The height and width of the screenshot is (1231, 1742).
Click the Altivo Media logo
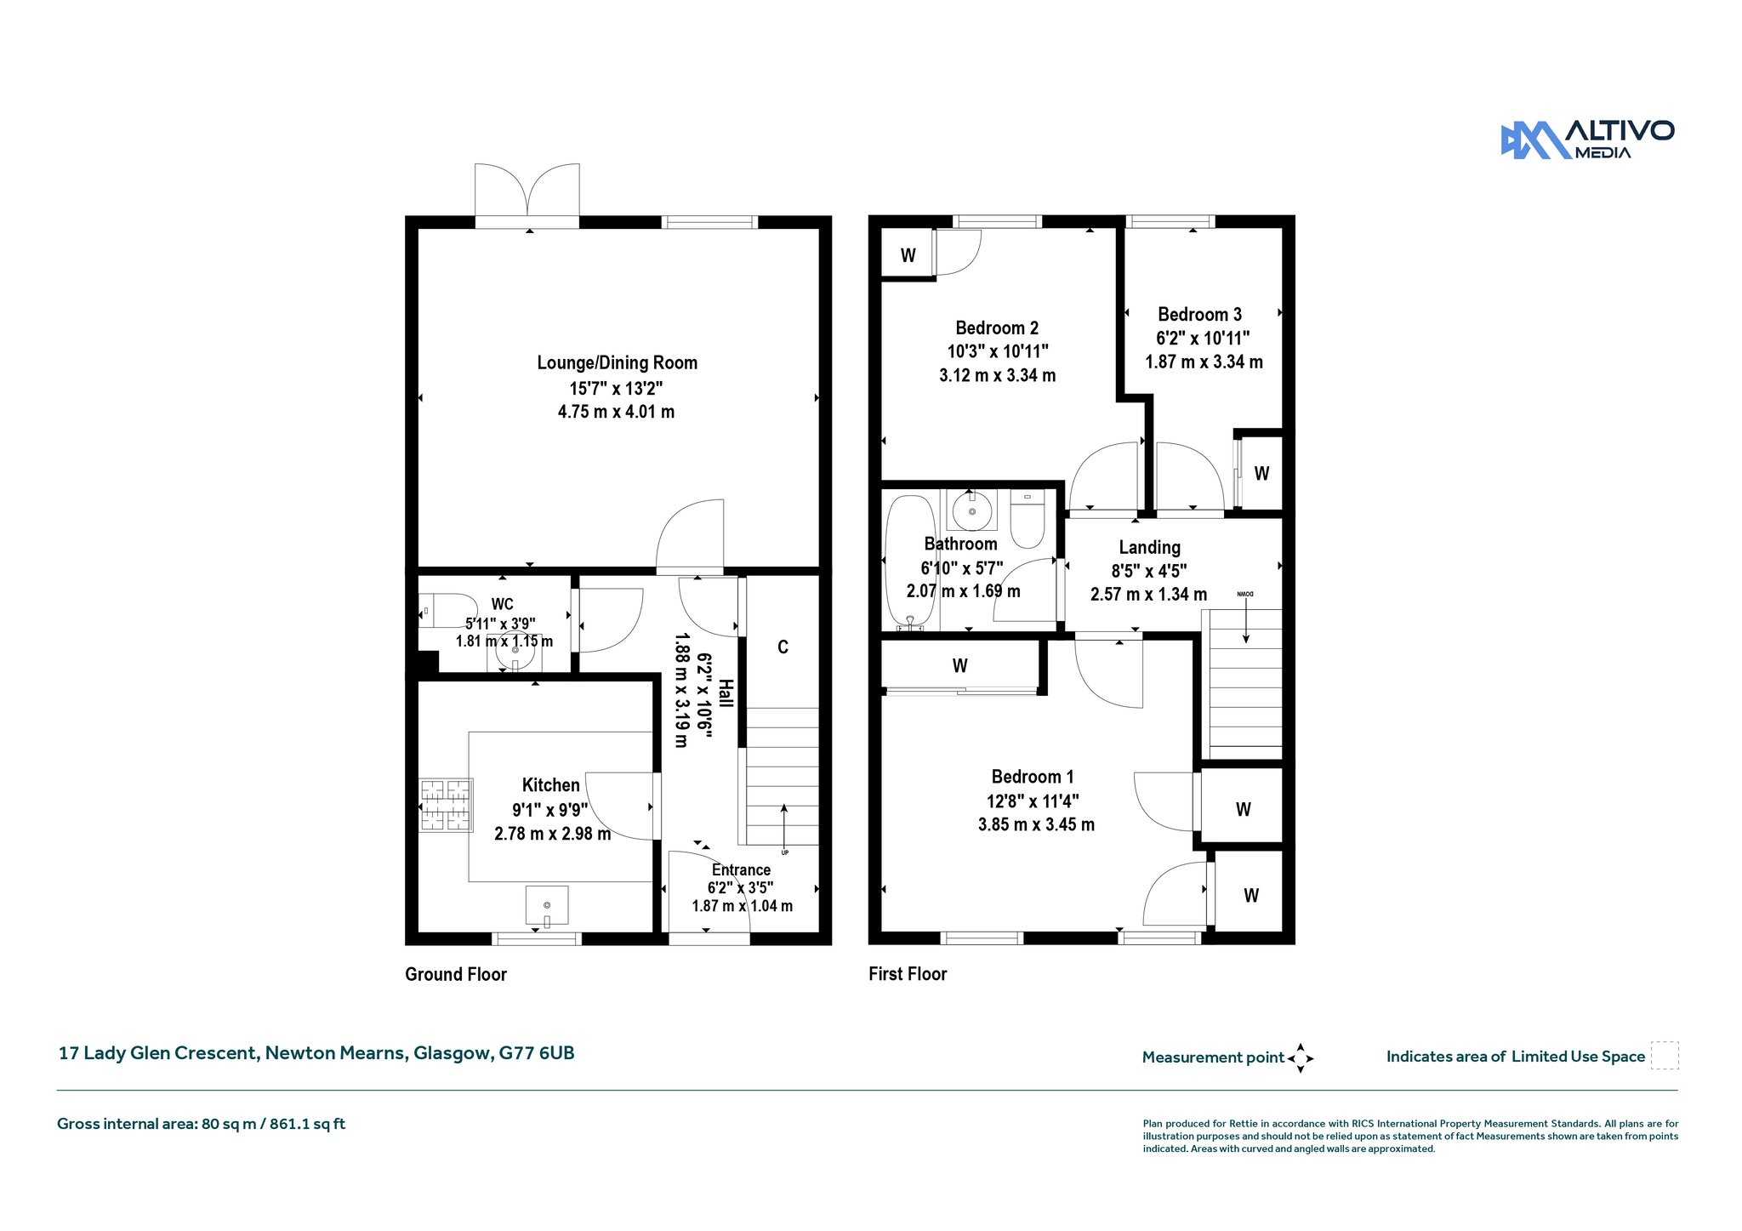[x=1587, y=140]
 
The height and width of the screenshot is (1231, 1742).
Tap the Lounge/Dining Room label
[x=617, y=363]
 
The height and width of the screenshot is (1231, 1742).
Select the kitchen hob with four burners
[x=445, y=805]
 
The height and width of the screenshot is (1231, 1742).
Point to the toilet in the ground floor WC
[x=447, y=611]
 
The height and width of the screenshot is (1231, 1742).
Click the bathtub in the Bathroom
[x=909, y=563]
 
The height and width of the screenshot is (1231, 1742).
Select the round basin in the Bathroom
[x=971, y=511]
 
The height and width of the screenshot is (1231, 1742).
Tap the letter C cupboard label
[x=783, y=647]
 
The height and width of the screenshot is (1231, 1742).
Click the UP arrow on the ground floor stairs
[x=783, y=825]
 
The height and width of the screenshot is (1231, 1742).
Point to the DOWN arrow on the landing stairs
[x=1246, y=617]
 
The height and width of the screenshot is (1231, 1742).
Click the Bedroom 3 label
[x=1199, y=315]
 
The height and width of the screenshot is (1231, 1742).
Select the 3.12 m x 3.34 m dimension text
[x=997, y=375]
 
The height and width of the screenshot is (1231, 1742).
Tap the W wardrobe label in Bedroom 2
[x=908, y=255]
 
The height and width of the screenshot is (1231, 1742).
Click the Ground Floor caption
[x=456, y=974]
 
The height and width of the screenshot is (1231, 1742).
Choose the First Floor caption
[x=908, y=974]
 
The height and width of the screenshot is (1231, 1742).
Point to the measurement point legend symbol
[x=1301, y=1058]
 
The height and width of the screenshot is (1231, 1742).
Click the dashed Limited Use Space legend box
[x=1665, y=1056]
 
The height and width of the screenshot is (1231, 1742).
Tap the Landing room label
[x=1149, y=548]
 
